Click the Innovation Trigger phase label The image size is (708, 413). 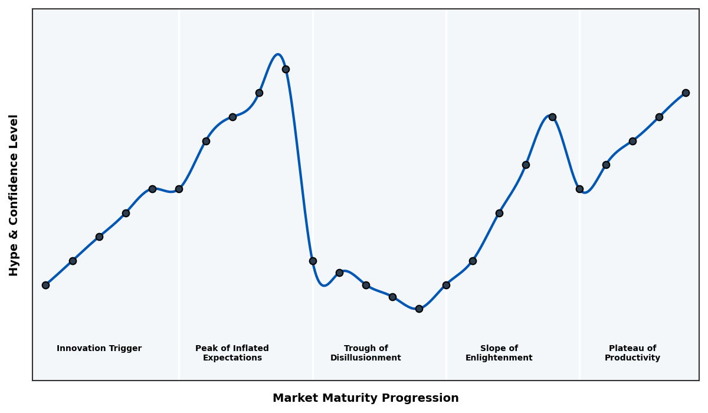99,349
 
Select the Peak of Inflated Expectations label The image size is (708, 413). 232,353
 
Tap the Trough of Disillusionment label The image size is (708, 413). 366,353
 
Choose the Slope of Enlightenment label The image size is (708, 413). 499,353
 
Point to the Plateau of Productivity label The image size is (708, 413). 632,353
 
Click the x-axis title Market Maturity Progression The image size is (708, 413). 365,398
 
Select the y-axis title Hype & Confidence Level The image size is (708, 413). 14,195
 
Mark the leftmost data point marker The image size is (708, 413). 45,285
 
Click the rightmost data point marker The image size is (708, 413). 686,93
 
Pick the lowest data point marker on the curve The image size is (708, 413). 419,309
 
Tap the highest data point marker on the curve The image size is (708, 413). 286,69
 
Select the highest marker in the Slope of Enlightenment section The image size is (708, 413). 552,117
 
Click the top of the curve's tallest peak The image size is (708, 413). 278,55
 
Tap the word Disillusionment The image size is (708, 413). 366,358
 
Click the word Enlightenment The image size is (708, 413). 499,358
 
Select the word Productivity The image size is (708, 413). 632,358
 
